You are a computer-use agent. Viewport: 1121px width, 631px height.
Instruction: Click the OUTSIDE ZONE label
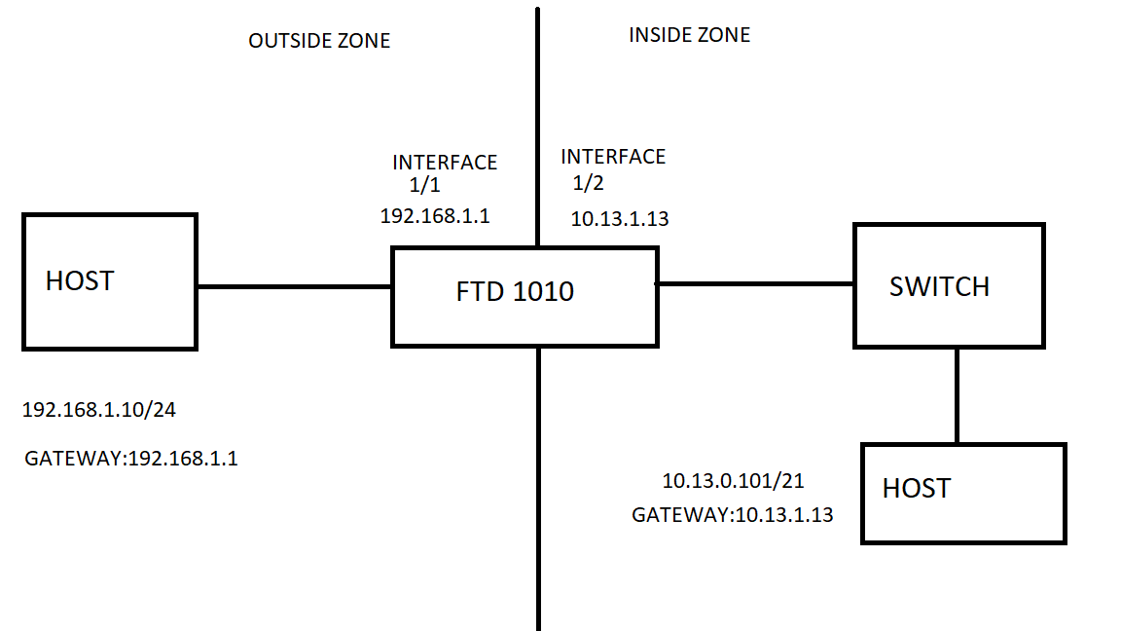pos(319,41)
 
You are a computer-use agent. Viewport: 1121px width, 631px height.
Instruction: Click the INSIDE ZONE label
pos(689,35)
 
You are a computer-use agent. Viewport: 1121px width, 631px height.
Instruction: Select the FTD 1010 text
pos(515,291)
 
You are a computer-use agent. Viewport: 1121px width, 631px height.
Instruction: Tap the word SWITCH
pos(939,286)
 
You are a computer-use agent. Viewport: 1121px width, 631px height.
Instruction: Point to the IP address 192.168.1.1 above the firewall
pos(435,216)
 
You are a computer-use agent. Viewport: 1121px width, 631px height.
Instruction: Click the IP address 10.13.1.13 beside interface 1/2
pos(620,219)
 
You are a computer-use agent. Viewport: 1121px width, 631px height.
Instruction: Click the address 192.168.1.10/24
pos(99,410)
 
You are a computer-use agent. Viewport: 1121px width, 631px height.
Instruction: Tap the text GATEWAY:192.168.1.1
pos(131,458)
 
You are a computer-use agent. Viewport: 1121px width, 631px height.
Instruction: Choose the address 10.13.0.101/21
pos(734,481)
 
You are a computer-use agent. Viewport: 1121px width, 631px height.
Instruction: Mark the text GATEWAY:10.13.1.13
pos(733,515)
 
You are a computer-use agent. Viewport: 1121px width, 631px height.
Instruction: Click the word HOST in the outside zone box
pos(80,281)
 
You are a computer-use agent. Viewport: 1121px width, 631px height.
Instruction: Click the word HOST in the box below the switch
pos(916,488)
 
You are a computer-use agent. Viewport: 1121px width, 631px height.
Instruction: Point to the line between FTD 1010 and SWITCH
pos(756,283)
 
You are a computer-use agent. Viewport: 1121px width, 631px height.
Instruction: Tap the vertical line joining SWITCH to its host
pos(958,395)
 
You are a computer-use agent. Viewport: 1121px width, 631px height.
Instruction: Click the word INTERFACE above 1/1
pos(445,163)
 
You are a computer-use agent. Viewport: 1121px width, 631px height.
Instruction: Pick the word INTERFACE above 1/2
pos(613,157)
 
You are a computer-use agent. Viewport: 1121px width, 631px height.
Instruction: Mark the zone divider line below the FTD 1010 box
pos(538,487)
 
